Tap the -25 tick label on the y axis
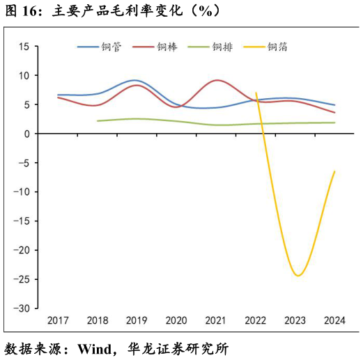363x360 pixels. pyautogui.click(x=21, y=279)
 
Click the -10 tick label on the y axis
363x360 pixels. pyautogui.click(x=21, y=192)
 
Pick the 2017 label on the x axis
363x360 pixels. pyautogui.click(x=58, y=320)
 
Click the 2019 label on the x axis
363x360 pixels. pyautogui.click(x=137, y=320)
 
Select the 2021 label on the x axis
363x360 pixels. pyautogui.click(x=216, y=320)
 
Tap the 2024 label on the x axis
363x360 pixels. pyautogui.click(x=334, y=320)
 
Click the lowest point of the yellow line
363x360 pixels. pyautogui.click(x=298, y=276)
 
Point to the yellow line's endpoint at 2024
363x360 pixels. pyautogui.click(x=334, y=171)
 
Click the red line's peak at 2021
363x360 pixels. pyautogui.click(x=217, y=80)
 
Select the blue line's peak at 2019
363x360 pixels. pyautogui.click(x=135, y=80)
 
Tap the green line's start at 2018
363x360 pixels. pyautogui.click(x=98, y=121)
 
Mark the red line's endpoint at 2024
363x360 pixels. pyautogui.click(x=334, y=113)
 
